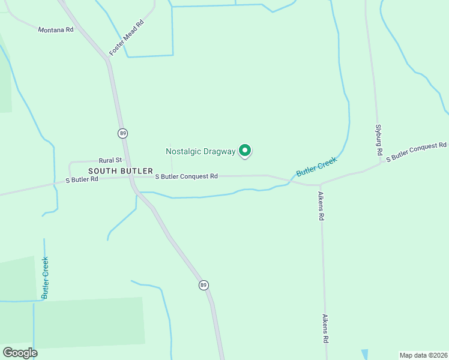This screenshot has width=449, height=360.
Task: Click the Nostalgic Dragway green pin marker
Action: point(245,151)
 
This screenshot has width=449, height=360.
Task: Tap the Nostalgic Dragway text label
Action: point(200,152)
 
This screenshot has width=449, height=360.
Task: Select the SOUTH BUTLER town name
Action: point(116,171)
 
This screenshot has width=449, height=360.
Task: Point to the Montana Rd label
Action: point(55,29)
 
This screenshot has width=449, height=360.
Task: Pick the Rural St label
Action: point(110,160)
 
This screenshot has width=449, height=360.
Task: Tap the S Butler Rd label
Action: point(82,179)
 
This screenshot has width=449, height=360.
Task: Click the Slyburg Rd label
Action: point(379,140)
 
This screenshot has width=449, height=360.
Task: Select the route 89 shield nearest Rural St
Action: point(122,133)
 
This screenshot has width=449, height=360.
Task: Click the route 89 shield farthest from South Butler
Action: point(204,284)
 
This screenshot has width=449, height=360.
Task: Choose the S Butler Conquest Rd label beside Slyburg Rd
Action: point(416,151)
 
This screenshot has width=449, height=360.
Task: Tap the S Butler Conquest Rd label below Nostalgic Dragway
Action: point(186,176)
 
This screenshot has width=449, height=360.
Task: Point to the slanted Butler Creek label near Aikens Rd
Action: point(316,166)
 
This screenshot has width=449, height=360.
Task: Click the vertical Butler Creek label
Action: point(45,278)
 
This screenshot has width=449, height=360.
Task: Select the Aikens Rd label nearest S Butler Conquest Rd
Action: point(321,206)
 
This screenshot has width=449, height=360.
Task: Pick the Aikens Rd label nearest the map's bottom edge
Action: point(325,329)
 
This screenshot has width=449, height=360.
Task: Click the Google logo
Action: point(20,353)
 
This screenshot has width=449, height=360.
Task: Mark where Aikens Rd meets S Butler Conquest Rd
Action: point(321,184)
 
